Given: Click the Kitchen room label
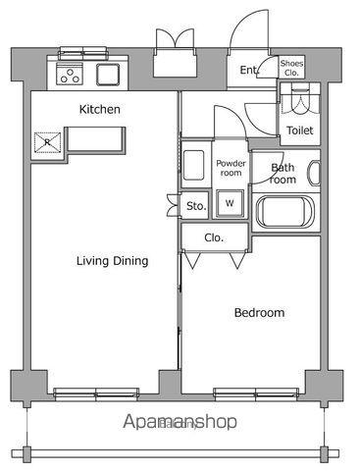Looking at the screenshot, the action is click(100, 109).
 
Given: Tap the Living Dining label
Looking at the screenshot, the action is click(112, 261).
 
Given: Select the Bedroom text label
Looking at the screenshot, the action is click(259, 313).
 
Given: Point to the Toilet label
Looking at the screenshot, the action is click(300, 131).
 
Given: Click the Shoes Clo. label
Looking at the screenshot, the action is click(291, 68).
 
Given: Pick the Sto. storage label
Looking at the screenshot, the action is click(196, 206).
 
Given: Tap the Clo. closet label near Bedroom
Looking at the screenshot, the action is click(214, 237).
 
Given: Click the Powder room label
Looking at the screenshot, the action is click(231, 168).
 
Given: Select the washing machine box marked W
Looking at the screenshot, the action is click(230, 203).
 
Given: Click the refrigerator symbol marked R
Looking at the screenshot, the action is click(48, 142).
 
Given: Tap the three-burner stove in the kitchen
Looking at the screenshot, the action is click(70, 74).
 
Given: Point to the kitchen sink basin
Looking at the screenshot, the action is click(108, 75).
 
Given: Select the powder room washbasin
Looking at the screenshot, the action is click(193, 165).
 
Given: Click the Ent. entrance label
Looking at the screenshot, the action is click(249, 70).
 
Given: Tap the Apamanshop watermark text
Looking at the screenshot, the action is click(180, 422).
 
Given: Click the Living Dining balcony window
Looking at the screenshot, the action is click(96, 394).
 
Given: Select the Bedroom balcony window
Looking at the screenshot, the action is click(256, 394).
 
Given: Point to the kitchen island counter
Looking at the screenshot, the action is click(96, 139).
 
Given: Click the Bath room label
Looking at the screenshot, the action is click(282, 174).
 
